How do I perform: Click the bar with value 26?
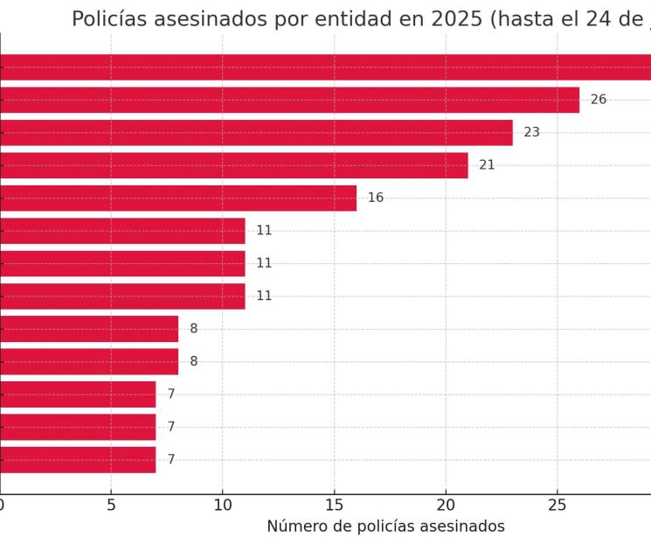(x=288, y=100)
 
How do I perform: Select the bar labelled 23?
(x=255, y=133)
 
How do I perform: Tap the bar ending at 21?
(x=233, y=165)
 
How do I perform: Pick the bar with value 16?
(x=177, y=198)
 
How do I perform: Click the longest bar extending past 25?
(x=325, y=67)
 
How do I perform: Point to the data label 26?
(x=599, y=100)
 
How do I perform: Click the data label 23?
(x=531, y=133)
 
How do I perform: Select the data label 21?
(x=487, y=165)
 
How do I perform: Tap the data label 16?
(x=376, y=198)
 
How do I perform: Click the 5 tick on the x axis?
(x=111, y=506)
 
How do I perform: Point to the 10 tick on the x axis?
(x=222, y=506)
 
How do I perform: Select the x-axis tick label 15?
(x=334, y=506)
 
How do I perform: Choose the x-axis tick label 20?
(x=446, y=506)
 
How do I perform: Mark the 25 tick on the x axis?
(x=557, y=506)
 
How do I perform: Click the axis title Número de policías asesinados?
(x=385, y=527)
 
